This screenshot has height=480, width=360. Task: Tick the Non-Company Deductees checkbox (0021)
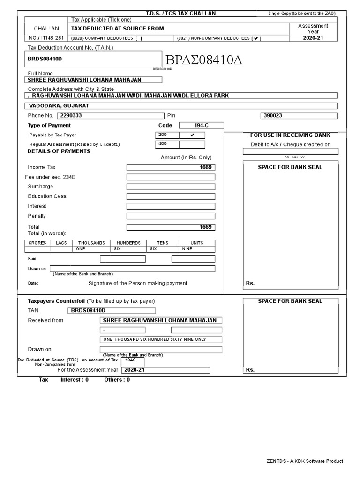pyautogui.click(x=256, y=38)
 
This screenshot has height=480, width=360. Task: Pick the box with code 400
pyautogui.click(x=167, y=144)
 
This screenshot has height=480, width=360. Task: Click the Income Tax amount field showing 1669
pyautogui.click(x=171, y=167)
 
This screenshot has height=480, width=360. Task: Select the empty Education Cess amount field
pyautogui.click(x=171, y=196)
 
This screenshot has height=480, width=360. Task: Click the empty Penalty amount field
pyautogui.click(x=171, y=216)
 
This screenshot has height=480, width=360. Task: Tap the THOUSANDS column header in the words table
pyautogui.click(x=91, y=243)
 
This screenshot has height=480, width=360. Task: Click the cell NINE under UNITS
pyautogui.click(x=197, y=249)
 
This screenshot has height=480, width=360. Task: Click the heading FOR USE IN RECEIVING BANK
pyautogui.click(x=290, y=135)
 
